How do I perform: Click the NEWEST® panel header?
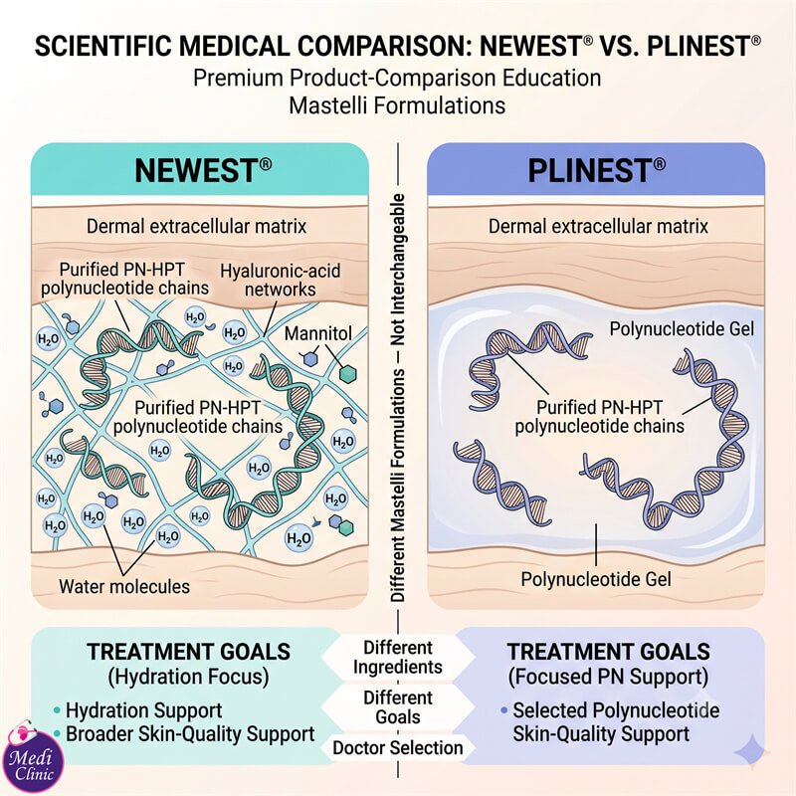click(200, 169)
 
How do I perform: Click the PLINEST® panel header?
click(596, 169)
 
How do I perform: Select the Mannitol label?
click(317, 333)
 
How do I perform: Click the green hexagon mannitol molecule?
click(347, 374)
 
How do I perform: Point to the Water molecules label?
click(124, 586)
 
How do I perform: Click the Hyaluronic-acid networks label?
click(281, 280)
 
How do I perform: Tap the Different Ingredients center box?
click(398, 658)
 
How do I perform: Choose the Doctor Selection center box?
click(398, 748)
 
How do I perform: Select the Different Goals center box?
click(398, 707)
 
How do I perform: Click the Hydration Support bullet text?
click(143, 710)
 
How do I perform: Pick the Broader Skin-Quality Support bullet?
click(190, 734)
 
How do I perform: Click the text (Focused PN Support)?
click(608, 677)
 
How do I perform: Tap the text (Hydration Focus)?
click(188, 677)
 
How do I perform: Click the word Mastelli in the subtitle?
click(328, 105)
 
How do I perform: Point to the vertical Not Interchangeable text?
click(398, 270)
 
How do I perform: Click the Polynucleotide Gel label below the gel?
click(596, 579)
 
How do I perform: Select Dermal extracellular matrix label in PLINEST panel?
click(598, 226)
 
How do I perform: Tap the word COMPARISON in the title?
click(384, 46)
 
